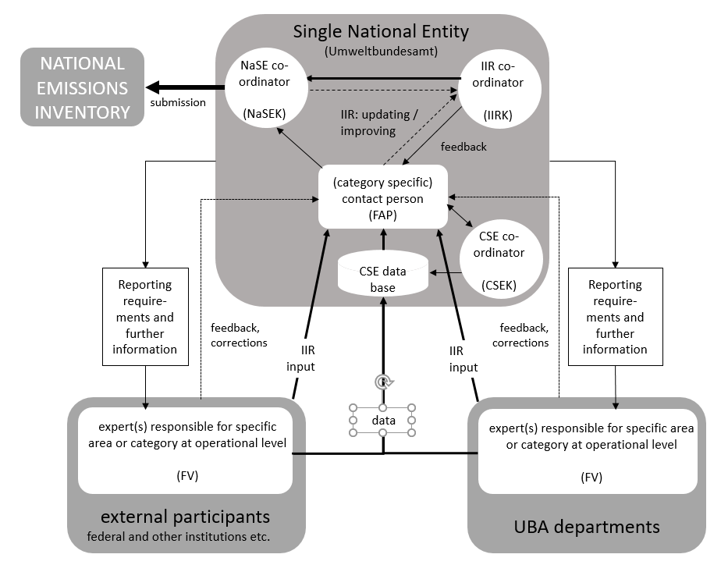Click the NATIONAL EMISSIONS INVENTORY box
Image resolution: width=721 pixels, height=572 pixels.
pos(82,87)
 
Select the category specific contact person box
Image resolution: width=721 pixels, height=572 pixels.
pos(382,197)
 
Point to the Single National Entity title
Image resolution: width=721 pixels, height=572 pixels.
pos(381,32)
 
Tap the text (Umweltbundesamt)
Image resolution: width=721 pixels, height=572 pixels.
pos(381,52)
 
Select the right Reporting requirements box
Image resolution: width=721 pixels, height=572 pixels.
pos(615,317)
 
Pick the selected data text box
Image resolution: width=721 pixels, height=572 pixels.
pos(382,421)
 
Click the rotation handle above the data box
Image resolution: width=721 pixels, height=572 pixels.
pos(382,382)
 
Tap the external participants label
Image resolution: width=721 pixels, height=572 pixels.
pos(186,517)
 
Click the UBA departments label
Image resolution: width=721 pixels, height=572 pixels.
pos(587,526)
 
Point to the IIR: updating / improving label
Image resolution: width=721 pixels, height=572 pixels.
pos(379,123)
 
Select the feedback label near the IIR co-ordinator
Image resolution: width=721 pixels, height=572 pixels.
pos(463,146)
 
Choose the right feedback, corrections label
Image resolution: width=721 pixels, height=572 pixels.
pos(520,336)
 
